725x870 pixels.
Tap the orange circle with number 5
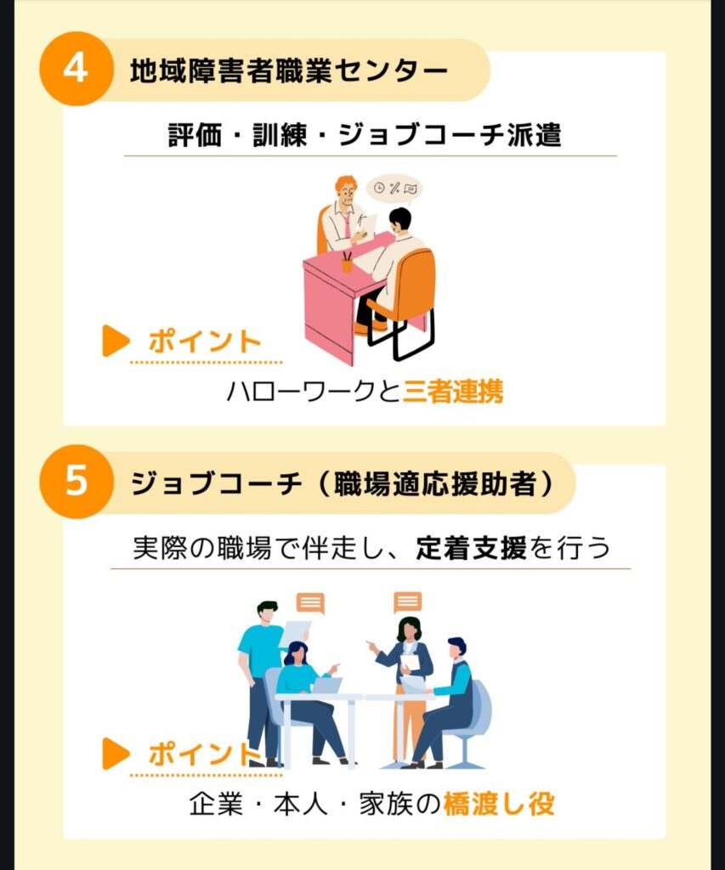(76, 481)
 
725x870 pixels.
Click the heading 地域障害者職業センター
(289, 71)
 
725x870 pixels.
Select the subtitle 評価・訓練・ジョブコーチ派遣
(365, 135)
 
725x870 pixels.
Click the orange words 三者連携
(453, 391)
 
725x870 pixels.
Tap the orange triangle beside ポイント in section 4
(116, 341)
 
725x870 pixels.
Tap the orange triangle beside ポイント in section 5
(116, 754)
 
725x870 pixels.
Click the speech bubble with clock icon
(394, 189)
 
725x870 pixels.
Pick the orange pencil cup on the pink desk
(347, 263)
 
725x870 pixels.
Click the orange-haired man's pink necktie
(347, 225)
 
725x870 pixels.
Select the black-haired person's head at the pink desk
(399, 220)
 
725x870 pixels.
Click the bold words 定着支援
(472, 548)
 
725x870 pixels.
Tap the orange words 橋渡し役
(499, 804)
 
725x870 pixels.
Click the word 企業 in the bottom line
(216, 804)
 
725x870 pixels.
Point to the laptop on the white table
(327, 686)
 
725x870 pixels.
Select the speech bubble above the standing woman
(407, 602)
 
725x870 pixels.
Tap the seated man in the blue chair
(445, 703)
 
